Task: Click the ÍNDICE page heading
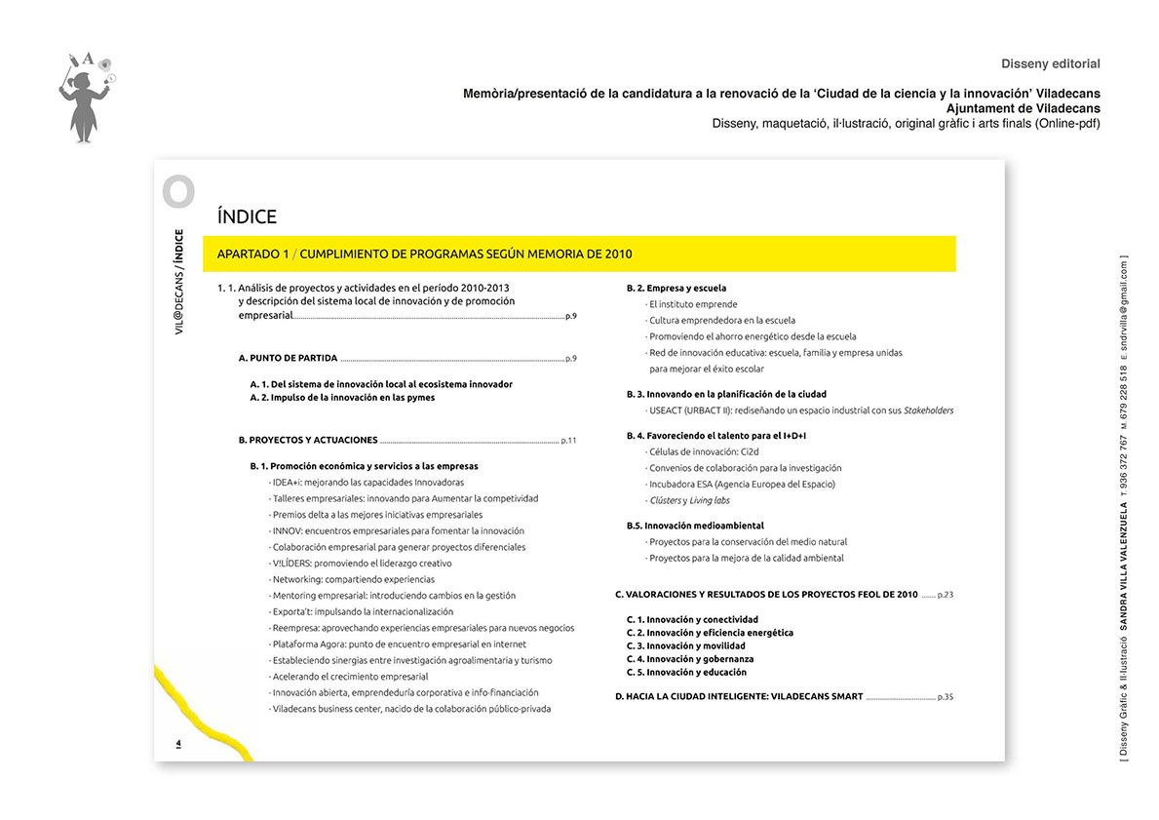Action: (x=248, y=217)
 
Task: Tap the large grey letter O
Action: (x=178, y=192)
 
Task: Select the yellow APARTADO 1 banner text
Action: (x=424, y=254)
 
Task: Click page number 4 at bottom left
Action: (x=178, y=744)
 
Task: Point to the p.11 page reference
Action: (x=568, y=441)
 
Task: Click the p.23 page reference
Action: (x=945, y=594)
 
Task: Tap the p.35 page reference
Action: (x=945, y=697)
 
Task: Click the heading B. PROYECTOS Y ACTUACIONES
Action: (x=307, y=441)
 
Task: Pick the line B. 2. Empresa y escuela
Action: (x=676, y=288)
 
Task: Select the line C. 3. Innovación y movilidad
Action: (x=685, y=645)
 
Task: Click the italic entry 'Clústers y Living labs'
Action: (x=688, y=500)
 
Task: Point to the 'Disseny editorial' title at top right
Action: (x=1050, y=64)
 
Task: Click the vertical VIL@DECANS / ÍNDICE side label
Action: (x=178, y=283)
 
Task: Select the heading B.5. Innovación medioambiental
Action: (x=695, y=526)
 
